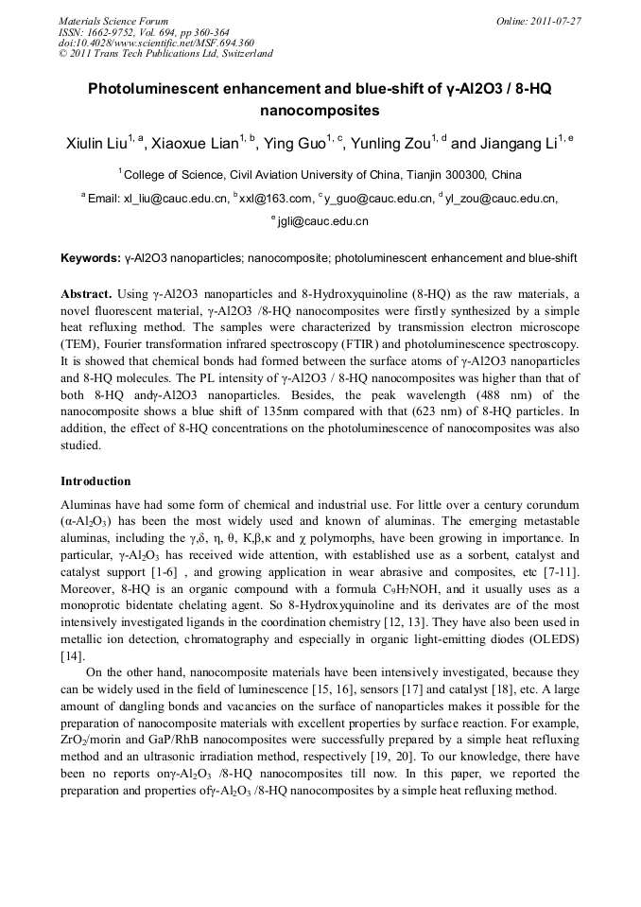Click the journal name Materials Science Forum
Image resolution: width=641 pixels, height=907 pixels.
click(113, 21)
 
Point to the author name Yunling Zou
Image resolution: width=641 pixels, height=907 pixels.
click(391, 144)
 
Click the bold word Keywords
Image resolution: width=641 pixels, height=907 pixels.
click(90, 258)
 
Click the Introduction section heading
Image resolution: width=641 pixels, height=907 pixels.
click(95, 481)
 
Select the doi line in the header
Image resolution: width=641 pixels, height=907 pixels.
click(156, 43)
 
